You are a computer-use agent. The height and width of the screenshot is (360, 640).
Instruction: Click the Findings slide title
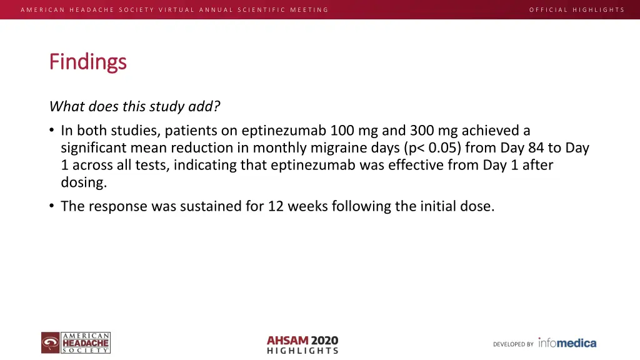[x=88, y=62]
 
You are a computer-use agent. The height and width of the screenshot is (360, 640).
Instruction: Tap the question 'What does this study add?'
[x=134, y=106]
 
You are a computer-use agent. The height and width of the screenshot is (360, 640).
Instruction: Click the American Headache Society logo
[x=76, y=343]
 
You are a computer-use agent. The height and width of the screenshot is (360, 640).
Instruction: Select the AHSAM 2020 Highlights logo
[x=302, y=344]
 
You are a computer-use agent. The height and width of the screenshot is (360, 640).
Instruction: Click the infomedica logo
[x=567, y=342]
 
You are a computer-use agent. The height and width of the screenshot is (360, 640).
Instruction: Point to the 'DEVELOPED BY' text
[x=513, y=344]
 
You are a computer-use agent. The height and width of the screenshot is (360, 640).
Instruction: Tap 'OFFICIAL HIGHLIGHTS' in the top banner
[x=576, y=9]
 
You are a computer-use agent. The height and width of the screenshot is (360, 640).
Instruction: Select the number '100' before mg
[x=342, y=131]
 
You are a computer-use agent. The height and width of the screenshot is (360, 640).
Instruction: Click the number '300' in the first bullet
[x=422, y=131]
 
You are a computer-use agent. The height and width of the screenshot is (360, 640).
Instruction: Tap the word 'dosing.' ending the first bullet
[x=84, y=183]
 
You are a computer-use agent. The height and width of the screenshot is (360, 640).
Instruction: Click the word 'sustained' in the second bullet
[x=209, y=206]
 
